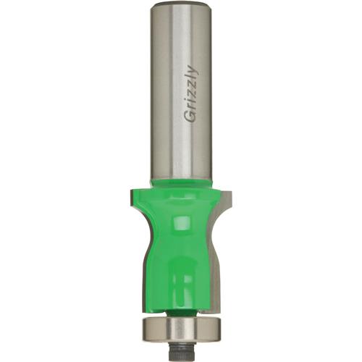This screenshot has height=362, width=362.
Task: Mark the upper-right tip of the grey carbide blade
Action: (x=230, y=192)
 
